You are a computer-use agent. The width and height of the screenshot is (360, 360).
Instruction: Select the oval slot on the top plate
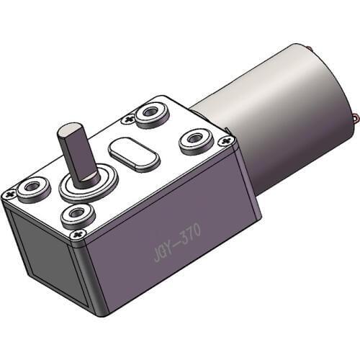click(x=133, y=153)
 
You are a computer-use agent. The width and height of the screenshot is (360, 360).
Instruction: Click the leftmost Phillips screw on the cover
click(x=9, y=194)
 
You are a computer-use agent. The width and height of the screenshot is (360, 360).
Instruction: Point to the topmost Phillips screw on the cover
click(x=129, y=119)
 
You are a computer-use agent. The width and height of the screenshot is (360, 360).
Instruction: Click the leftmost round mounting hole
click(x=32, y=189)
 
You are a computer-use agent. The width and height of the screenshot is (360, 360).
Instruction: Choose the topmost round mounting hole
click(x=152, y=112)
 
